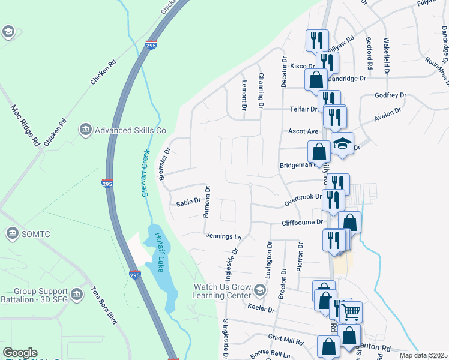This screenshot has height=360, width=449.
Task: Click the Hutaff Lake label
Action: coord(159,252)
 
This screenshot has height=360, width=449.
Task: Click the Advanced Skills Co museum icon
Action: coord(85,130)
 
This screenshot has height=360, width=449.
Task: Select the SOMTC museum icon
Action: coord(12,232)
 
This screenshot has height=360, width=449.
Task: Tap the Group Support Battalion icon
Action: coord(76,294)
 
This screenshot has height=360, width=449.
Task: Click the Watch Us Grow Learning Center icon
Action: coord(259,291)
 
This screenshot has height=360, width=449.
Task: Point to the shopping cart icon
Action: coord(351,311)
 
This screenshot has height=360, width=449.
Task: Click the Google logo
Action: coord(20,353)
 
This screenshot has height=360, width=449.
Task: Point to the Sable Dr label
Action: coord(187,203)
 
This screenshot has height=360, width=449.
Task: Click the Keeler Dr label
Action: coord(261,310)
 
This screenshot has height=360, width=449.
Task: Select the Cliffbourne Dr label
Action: coord(303,223)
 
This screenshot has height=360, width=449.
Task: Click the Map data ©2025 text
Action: coord(423,355)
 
